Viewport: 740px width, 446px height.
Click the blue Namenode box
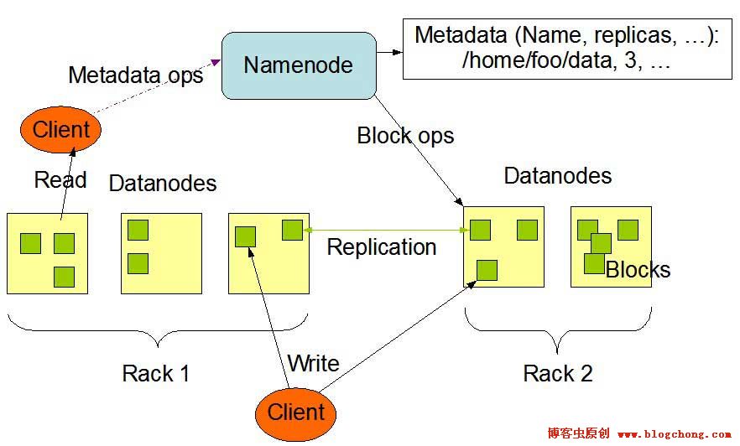(298, 65)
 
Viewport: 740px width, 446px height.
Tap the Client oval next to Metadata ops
(60, 130)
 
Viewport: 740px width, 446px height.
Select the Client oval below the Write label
(295, 412)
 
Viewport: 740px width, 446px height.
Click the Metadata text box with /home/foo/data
(567, 49)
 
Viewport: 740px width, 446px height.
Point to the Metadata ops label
(135, 75)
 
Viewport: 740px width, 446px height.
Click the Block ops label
(405, 135)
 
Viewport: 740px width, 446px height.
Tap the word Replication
(382, 247)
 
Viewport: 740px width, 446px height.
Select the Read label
(60, 179)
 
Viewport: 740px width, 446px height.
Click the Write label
(313, 363)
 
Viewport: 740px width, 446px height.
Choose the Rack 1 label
(156, 373)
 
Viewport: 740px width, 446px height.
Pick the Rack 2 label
(558, 373)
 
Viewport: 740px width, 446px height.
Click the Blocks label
(638, 270)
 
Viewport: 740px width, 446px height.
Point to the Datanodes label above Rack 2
(558, 175)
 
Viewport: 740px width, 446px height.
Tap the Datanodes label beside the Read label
(163, 183)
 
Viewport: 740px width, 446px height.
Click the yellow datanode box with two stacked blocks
(161, 253)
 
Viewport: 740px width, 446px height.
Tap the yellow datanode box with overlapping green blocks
(611, 247)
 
